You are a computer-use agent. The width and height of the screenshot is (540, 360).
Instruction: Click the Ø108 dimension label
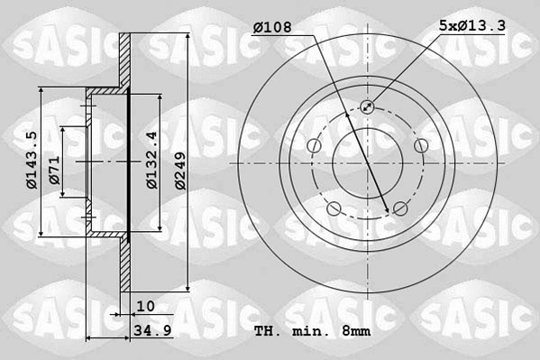click(x=271, y=28)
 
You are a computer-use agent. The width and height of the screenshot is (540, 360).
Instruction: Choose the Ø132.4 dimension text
click(x=152, y=161)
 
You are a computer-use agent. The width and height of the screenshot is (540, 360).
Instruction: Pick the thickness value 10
click(x=146, y=307)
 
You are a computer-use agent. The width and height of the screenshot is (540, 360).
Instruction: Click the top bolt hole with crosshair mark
click(x=367, y=107)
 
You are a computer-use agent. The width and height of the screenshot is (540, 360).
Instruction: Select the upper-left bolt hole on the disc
click(x=313, y=146)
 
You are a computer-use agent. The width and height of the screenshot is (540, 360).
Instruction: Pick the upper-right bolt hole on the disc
click(x=420, y=146)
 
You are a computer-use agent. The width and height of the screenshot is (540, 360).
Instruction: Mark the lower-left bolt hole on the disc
click(x=334, y=210)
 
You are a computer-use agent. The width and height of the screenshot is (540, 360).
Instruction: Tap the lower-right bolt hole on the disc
click(x=400, y=210)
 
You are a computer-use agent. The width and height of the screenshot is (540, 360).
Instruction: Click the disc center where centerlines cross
click(x=367, y=163)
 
